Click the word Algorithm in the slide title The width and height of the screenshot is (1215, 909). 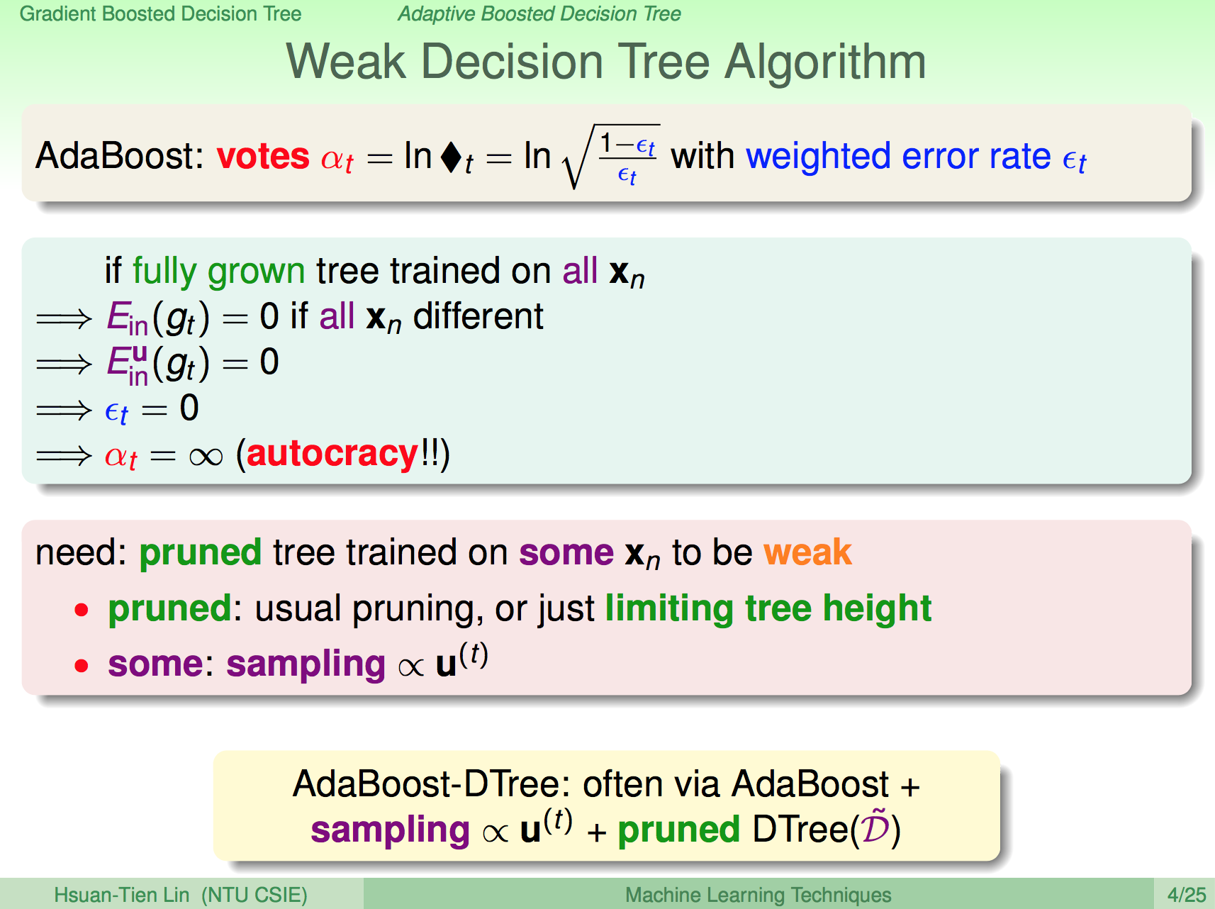click(825, 62)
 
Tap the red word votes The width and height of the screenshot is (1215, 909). click(263, 155)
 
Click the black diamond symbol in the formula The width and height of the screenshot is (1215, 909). click(451, 157)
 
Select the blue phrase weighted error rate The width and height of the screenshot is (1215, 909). click(899, 157)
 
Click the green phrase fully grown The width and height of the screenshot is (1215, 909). click(219, 272)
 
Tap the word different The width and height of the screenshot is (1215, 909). click(478, 316)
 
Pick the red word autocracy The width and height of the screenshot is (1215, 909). click(333, 454)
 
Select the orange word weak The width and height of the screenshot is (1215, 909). click(808, 552)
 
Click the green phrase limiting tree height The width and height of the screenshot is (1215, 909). click(768, 608)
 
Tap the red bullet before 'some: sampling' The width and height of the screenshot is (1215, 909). click(82, 666)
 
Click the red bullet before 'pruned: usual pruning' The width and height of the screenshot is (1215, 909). click(82, 610)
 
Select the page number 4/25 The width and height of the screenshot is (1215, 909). click(1187, 895)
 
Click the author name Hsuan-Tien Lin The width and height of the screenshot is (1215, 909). click(122, 895)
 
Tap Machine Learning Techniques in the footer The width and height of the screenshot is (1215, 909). click(758, 895)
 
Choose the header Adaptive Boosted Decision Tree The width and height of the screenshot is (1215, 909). click(539, 13)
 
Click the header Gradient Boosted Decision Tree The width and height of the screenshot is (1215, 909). click(161, 13)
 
